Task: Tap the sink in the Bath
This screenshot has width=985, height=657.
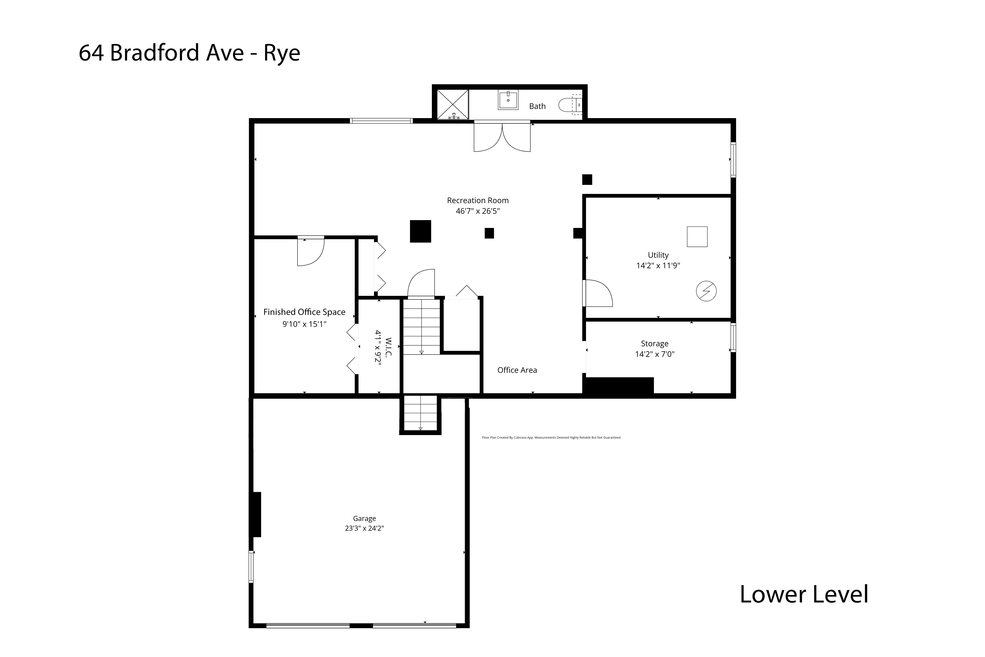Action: [508, 100]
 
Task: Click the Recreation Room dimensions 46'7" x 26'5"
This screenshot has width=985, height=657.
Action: [478, 211]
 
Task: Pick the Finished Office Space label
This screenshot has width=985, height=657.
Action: [305, 312]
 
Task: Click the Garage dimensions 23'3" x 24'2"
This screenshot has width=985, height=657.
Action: [364, 528]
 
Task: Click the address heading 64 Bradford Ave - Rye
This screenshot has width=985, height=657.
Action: [189, 53]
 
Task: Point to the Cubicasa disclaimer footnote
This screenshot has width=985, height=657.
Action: [552, 437]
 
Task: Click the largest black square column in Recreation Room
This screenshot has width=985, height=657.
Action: [421, 231]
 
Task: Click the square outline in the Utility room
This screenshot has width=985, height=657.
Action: [697, 237]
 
